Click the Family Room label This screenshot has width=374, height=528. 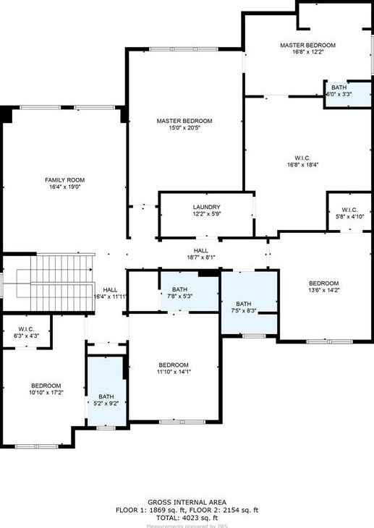[x=65, y=179]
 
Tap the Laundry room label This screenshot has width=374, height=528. [x=206, y=207]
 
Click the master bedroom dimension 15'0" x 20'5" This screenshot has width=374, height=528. [x=184, y=129]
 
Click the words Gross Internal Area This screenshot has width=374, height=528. [x=187, y=502]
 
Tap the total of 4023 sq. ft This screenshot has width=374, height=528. [x=187, y=518]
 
